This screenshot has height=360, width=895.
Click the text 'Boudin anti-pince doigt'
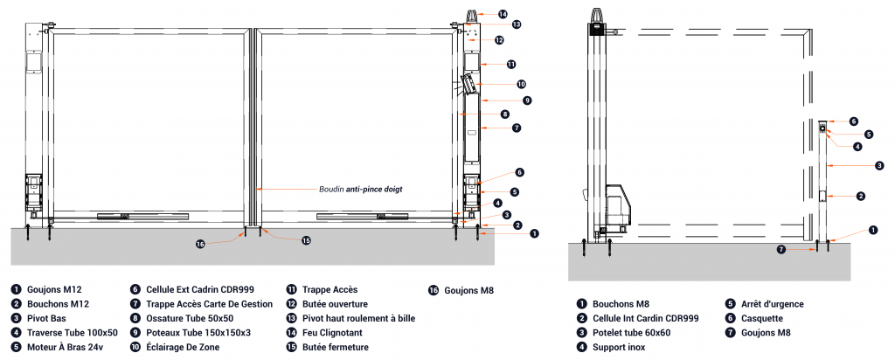pos(361,188)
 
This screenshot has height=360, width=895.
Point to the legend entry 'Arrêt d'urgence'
pos(771,304)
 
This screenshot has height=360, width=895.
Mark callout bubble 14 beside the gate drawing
pos(503,14)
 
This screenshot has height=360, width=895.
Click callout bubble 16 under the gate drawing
pos(200,245)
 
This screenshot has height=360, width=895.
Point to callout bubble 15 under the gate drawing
pos(306,240)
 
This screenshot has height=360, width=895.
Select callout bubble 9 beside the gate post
pos(528,100)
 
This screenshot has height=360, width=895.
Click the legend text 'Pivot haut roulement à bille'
pos(358,318)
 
